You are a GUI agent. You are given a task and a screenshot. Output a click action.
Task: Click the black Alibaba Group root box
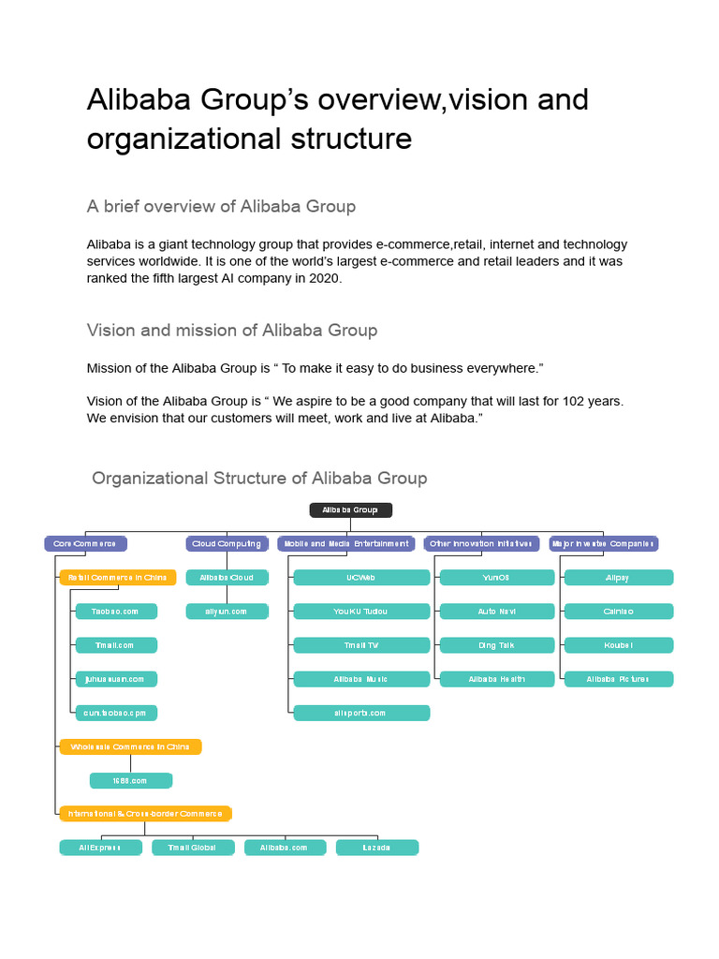click(x=351, y=510)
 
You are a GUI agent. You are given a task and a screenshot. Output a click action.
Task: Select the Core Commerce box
click(x=85, y=543)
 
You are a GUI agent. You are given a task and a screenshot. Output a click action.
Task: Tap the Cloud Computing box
click(x=227, y=543)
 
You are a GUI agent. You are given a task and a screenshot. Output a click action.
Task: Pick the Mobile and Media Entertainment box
click(x=345, y=543)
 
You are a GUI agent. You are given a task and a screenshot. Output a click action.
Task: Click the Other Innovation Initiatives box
click(x=481, y=543)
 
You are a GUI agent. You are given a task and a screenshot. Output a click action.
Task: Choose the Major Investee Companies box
click(x=603, y=543)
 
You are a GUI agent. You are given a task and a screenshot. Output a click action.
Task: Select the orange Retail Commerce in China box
click(x=118, y=578)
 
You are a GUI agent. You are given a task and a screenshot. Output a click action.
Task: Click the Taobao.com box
click(x=116, y=612)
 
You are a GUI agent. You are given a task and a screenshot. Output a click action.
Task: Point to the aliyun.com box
click(x=227, y=612)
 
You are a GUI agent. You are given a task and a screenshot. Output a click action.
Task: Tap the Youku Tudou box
click(x=361, y=612)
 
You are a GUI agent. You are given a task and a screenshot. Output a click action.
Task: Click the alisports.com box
click(x=361, y=713)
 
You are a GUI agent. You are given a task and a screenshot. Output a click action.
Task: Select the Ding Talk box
click(x=496, y=645)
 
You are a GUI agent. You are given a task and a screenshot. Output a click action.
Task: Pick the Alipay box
click(x=618, y=578)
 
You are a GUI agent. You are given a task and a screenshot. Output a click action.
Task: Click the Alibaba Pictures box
click(x=618, y=679)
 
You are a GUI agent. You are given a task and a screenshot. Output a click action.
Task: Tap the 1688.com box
click(x=131, y=780)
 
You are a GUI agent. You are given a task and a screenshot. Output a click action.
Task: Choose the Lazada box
click(x=377, y=848)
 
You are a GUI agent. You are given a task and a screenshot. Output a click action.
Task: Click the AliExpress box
click(x=100, y=848)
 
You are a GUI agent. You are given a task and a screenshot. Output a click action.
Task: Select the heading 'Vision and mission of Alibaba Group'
click(x=232, y=330)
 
